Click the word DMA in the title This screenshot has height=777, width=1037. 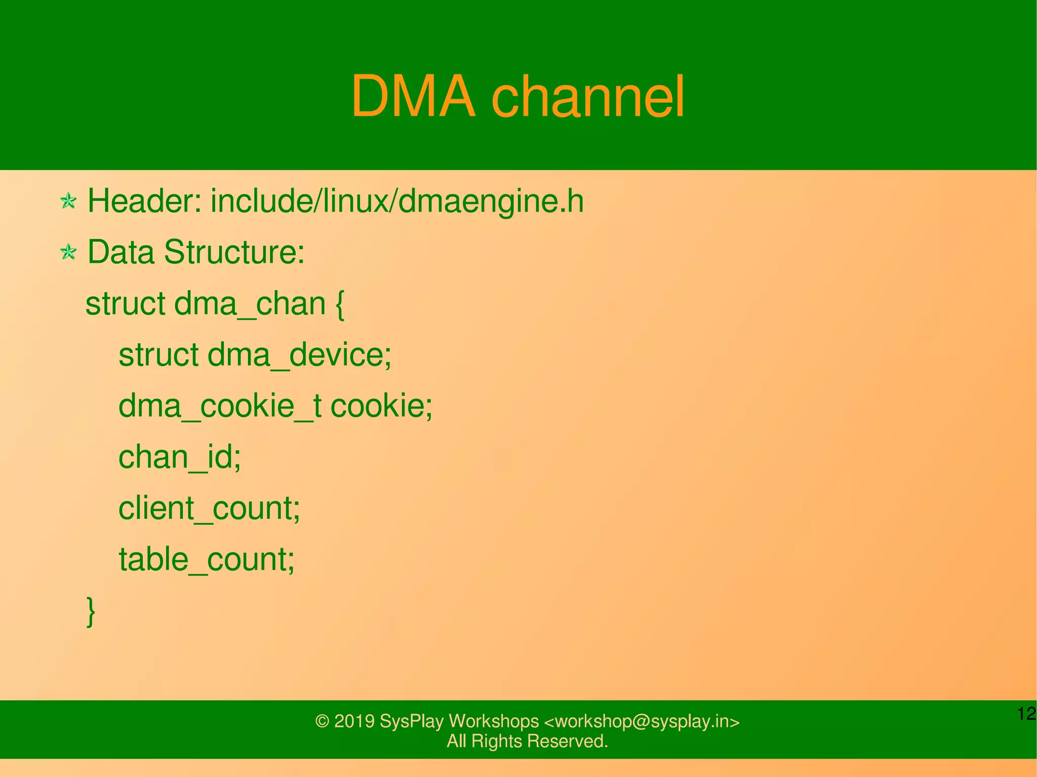coord(413,96)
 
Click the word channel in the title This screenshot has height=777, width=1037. coord(588,96)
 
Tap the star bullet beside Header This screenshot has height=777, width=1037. coord(68,201)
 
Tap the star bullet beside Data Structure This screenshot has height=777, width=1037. coord(68,252)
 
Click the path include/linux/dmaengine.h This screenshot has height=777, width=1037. coord(397,201)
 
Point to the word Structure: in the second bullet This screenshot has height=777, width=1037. coord(234,252)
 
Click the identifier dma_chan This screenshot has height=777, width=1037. coord(250,304)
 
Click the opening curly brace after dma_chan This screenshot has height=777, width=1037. coord(340,305)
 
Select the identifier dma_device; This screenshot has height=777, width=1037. coord(299,355)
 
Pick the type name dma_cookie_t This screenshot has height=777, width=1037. coord(220,406)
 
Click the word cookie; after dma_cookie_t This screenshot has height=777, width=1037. coord(381,406)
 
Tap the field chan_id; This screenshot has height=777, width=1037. coord(180,457)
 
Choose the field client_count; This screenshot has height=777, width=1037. coord(209,508)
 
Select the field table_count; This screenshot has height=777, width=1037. coord(207,559)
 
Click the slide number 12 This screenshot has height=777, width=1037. coord(1026,714)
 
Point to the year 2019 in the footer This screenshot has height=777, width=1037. coord(354,721)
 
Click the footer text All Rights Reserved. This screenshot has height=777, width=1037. coord(527,741)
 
